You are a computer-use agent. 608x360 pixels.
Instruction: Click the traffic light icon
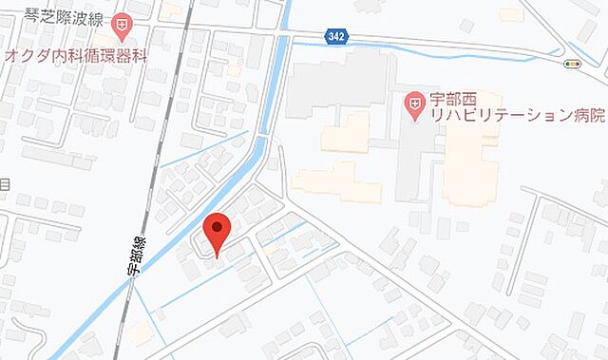pyautogui.click(x=572, y=65)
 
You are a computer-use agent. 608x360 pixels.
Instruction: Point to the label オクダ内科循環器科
pyautogui.click(x=77, y=55)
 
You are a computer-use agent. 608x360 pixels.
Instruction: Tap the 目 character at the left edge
pyautogui.click(x=5, y=183)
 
